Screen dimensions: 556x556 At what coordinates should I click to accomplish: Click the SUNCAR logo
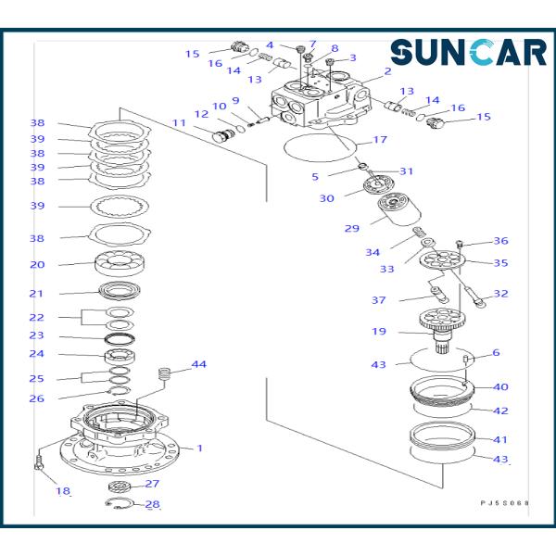coord(468,53)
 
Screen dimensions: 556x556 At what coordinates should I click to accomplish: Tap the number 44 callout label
coord(198,364)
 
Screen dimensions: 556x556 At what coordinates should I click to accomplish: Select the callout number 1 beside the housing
coord(199,449)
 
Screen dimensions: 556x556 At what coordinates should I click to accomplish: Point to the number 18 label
coord(63,491)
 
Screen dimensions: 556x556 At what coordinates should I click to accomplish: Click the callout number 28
coord(152,505)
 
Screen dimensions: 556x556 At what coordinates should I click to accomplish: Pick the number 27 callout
coord(152,484)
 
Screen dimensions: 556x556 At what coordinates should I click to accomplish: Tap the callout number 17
coord(379,141)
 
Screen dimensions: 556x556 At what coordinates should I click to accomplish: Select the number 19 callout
coord(379,331)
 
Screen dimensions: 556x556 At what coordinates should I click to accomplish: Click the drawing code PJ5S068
coord(504,503)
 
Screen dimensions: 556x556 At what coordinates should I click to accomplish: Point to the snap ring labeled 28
coord(120,504)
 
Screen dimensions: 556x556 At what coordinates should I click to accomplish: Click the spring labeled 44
coord(166,376)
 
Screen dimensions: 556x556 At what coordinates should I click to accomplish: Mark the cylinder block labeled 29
coord(396,212)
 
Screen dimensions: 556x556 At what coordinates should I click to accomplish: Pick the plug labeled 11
coord(223,136)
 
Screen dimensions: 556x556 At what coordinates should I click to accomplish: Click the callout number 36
coord(500,241)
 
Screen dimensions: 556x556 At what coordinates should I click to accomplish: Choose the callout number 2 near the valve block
coord(387,71)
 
